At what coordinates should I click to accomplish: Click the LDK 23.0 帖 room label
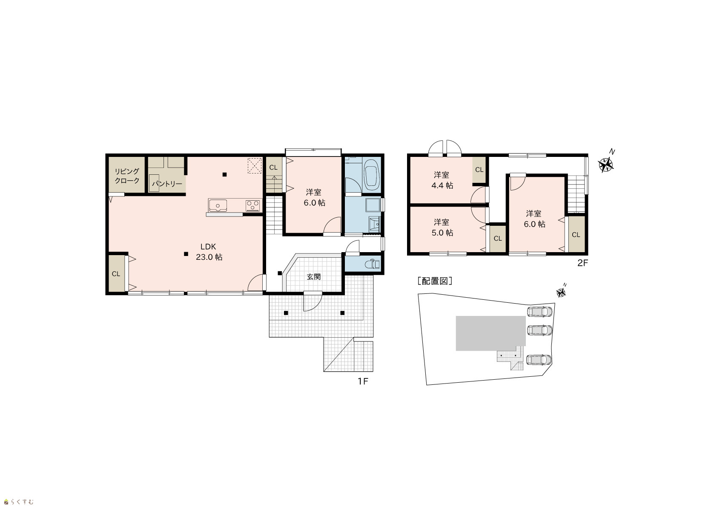point(209,252)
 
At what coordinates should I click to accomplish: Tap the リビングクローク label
point(127,176)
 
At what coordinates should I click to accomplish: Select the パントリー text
point(167,184)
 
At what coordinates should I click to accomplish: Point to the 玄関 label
point(313,277)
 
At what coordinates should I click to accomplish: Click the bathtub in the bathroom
point(371,173)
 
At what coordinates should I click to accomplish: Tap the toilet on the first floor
point(372,264)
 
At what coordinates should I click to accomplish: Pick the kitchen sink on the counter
point(218,205)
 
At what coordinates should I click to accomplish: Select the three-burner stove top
point(253,205)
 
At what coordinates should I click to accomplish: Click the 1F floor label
point(363,381)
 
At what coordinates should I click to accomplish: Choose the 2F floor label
point(582,263)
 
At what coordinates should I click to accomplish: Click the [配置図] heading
point(435,281)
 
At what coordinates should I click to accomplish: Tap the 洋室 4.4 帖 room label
point(442,180)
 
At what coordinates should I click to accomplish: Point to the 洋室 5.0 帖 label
point(442,227)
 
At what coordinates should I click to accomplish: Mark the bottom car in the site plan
point(539,360)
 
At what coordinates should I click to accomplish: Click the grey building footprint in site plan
point(490,333)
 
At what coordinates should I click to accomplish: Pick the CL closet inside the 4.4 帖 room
point(479,170)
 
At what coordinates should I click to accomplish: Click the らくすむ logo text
point(22,502)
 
